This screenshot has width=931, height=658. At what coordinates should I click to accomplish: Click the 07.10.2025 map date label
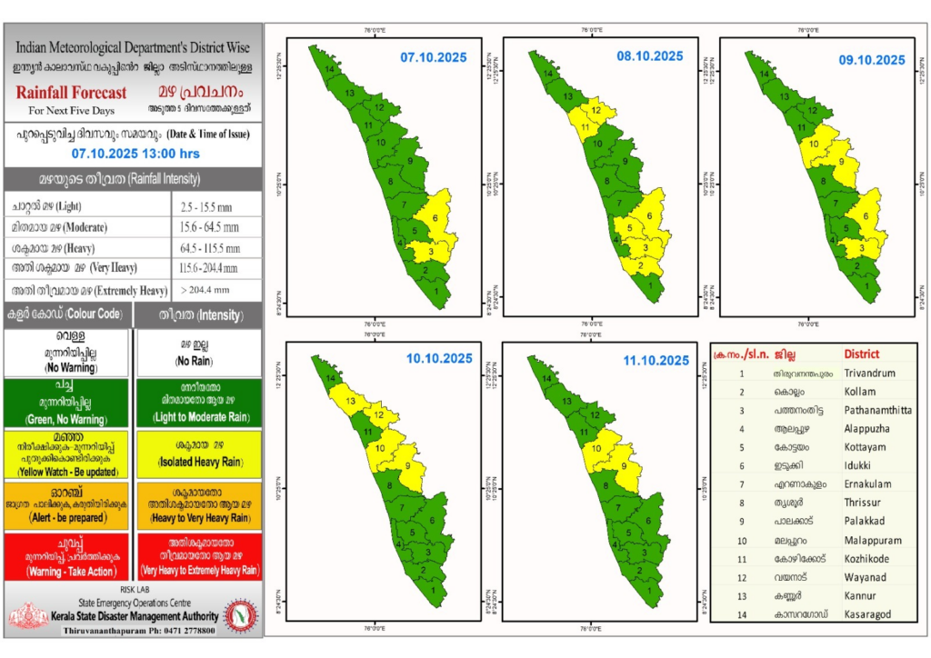(x=434, y=58)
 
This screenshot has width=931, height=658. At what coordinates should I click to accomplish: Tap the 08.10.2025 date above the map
(x=650, y=56)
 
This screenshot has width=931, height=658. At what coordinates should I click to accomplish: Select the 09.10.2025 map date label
(x=872, y=60)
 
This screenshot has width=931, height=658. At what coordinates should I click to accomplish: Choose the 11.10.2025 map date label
(x=656, y=360)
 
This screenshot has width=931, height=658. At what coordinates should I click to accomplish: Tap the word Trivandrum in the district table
(x=869, y=373)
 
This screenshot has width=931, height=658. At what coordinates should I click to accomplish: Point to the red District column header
(x=862, y=354)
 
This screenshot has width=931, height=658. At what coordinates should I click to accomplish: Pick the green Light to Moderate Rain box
(x=197, y=404)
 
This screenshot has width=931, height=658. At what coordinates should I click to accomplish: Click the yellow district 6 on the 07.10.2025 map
(x=436, y=218)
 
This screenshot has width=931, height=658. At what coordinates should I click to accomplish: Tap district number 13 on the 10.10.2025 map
(x=348, y=400)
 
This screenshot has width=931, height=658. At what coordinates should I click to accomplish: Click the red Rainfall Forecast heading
(x=71, y=93)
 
